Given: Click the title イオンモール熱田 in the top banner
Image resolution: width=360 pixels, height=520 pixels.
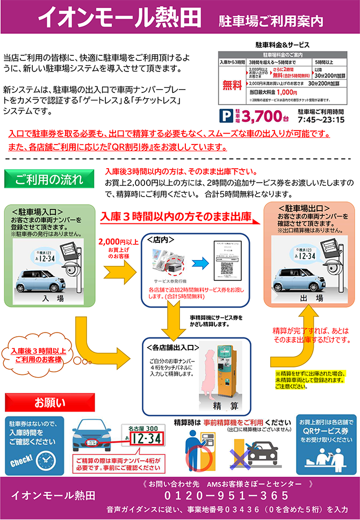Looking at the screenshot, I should [x=119, y=17].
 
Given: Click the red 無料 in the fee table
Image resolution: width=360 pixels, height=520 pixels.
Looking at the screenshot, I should [x=232, y=84].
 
